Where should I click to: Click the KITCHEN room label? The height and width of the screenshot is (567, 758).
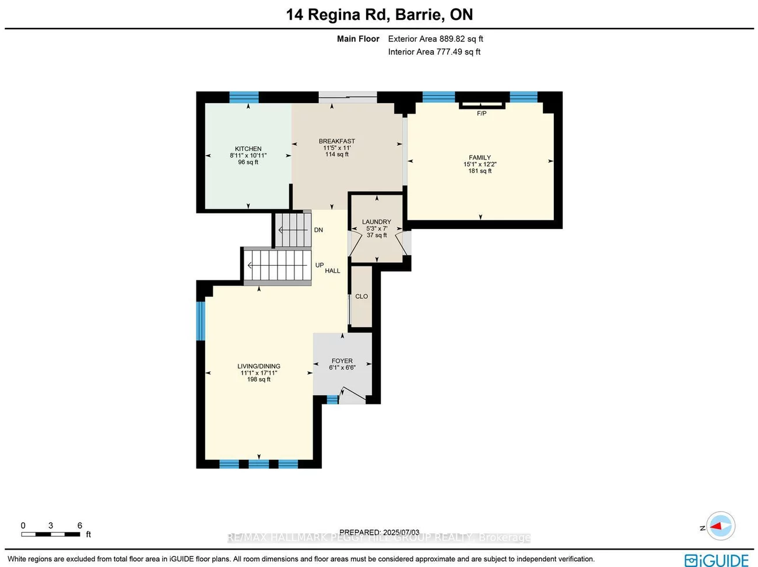(x=248, y=149)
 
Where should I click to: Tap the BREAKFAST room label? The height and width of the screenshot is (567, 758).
(x=337, y=142)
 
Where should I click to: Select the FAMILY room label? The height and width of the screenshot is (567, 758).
(x=480, y=158)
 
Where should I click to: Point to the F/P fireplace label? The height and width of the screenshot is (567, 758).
(x=482, y=114)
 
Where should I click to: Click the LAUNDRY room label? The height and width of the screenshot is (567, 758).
(x=377, y=222)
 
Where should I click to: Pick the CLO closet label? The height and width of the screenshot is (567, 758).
(x=362, y=297)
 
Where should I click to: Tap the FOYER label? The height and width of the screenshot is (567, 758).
(x=342, y=361)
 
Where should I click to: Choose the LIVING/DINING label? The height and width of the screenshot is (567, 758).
(x=259, y=367)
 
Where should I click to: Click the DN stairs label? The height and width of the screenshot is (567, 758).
(x=318, y=230)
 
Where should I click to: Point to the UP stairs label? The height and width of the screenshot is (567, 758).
(x=320, y=265)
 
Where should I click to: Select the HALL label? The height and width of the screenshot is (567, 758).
(x=332, y=271)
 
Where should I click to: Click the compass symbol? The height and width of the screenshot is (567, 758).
(x=721, y=526)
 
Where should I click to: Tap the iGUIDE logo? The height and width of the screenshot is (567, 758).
(x=717, y=560)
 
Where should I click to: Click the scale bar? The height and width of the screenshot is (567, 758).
(x=51, y=534)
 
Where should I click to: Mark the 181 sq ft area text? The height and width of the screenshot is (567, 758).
(x=480, y=171)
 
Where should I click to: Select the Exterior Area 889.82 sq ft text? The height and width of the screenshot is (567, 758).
(x=436, y=39)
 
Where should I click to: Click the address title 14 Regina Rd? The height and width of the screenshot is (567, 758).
(x=379, y=15)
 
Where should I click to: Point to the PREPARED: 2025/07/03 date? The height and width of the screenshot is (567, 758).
(x=379, y=532)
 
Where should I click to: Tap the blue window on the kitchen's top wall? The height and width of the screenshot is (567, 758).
(x=244, y=97)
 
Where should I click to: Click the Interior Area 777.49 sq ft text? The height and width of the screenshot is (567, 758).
(x=434, y=52)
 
